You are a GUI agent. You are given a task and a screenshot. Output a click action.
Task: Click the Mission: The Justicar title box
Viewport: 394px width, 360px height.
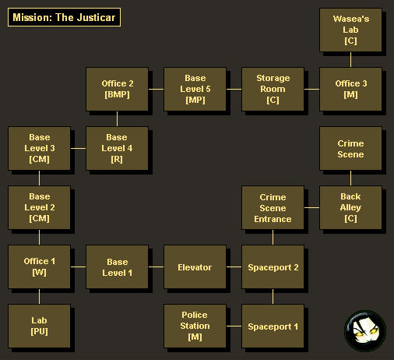tap(64, 17)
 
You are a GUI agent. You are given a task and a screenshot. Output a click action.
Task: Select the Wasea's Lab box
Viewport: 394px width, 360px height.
tap(350, 30)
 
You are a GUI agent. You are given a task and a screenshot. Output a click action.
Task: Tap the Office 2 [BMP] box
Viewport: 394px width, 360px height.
tap(117, 89)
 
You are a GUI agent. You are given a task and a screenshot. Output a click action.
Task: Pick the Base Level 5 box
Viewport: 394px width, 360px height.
tap(195, 89)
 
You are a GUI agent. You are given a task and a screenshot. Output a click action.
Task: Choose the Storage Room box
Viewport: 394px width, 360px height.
tap(273, 89)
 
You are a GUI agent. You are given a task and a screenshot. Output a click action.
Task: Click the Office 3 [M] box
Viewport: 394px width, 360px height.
tap(350, 89)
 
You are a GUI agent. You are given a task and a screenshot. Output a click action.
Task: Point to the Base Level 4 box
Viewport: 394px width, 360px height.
tap(117, 148)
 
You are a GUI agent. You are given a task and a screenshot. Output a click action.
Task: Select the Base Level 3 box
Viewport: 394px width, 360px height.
tap(39, 148)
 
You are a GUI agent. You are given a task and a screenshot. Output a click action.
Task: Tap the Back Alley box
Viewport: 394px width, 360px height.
tap(350, 207)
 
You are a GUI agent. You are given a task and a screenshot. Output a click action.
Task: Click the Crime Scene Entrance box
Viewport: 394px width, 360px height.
tap(273, 207)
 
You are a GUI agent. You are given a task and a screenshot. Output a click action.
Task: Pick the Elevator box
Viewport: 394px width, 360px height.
tap(195, 266)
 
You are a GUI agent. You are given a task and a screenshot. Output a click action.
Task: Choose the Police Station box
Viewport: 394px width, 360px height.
tap(195, 326)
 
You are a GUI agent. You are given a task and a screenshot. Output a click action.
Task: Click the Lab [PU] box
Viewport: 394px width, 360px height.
tap(39, 326)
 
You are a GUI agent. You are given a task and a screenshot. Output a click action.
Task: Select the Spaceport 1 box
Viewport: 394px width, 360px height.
tap(273, 326)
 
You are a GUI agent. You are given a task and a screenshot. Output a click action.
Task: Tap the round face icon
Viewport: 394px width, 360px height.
tap(365, 330)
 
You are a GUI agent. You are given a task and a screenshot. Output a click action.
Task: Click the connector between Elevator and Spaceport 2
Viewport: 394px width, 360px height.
tap(234, 266)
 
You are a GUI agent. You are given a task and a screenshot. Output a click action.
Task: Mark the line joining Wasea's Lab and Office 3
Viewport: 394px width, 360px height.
tap(350, 59)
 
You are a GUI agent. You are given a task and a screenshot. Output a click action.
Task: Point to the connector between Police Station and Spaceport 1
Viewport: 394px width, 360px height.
tap(234, 326)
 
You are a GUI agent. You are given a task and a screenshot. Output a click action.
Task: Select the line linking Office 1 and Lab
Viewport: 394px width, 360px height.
tap(39, 296)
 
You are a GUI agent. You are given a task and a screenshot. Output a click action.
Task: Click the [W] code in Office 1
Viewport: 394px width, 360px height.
tap(39, 272)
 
